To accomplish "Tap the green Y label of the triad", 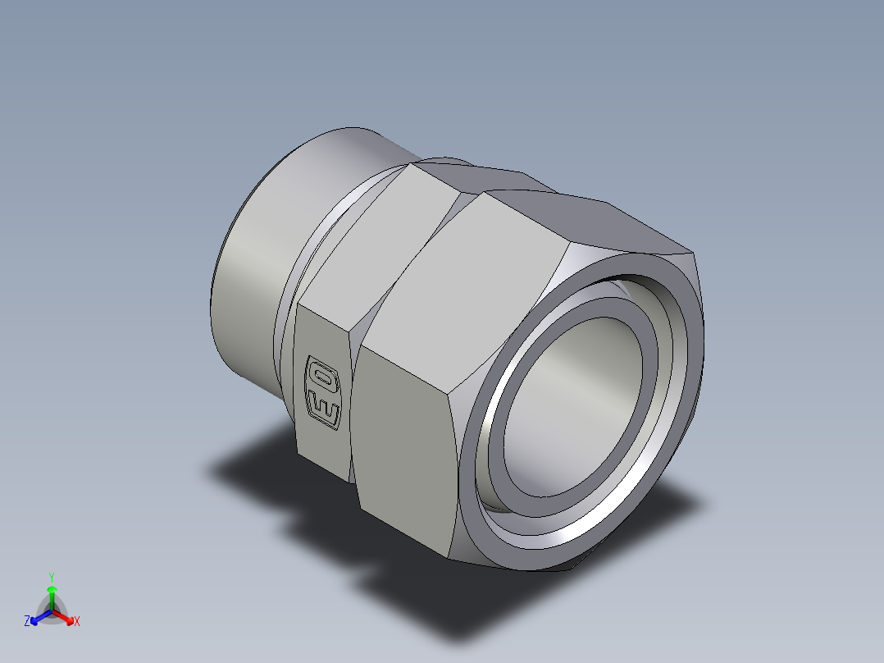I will tap(51, 577).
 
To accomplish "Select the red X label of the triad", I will tap(77, 622).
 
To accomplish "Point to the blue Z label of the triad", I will tap(27, 622).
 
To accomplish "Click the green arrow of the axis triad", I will tap(52, 593).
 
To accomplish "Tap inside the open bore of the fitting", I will tap(574, 402).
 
